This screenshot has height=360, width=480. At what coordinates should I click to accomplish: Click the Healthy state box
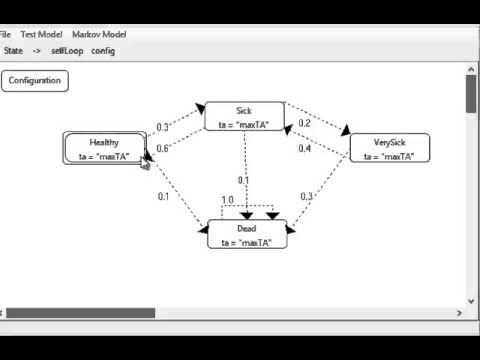point(104,148)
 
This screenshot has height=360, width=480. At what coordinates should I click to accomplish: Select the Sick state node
point(244,116)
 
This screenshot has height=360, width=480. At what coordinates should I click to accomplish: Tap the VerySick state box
point(389,148)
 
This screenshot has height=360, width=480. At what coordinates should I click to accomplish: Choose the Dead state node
point(247,234)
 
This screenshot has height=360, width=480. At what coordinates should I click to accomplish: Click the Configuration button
point(35,81)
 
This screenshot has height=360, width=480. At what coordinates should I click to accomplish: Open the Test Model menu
point(41,34)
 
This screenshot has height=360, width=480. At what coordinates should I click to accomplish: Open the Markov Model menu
point(100,34)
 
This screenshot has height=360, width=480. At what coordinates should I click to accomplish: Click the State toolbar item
point(14,50)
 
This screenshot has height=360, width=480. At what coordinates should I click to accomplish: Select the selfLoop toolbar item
point(66,50)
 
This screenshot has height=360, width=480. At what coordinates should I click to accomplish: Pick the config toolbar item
point(103,50)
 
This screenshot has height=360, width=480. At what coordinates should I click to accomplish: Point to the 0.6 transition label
point(162,148)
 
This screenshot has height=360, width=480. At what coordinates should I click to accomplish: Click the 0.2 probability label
point(305,122)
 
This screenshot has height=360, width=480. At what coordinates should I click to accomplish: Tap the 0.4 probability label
point(305,148)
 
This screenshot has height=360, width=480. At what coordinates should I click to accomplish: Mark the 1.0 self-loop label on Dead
point(227,200)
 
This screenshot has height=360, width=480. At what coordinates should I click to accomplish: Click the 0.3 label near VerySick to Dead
point(306,196)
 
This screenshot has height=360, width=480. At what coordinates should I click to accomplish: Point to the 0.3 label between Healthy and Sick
point(162,127)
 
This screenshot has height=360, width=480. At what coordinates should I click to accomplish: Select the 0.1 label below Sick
point(243,180)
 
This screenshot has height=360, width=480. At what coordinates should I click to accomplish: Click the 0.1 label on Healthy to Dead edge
point(164,196)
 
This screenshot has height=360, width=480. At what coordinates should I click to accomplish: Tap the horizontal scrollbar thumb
point(80,313)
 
